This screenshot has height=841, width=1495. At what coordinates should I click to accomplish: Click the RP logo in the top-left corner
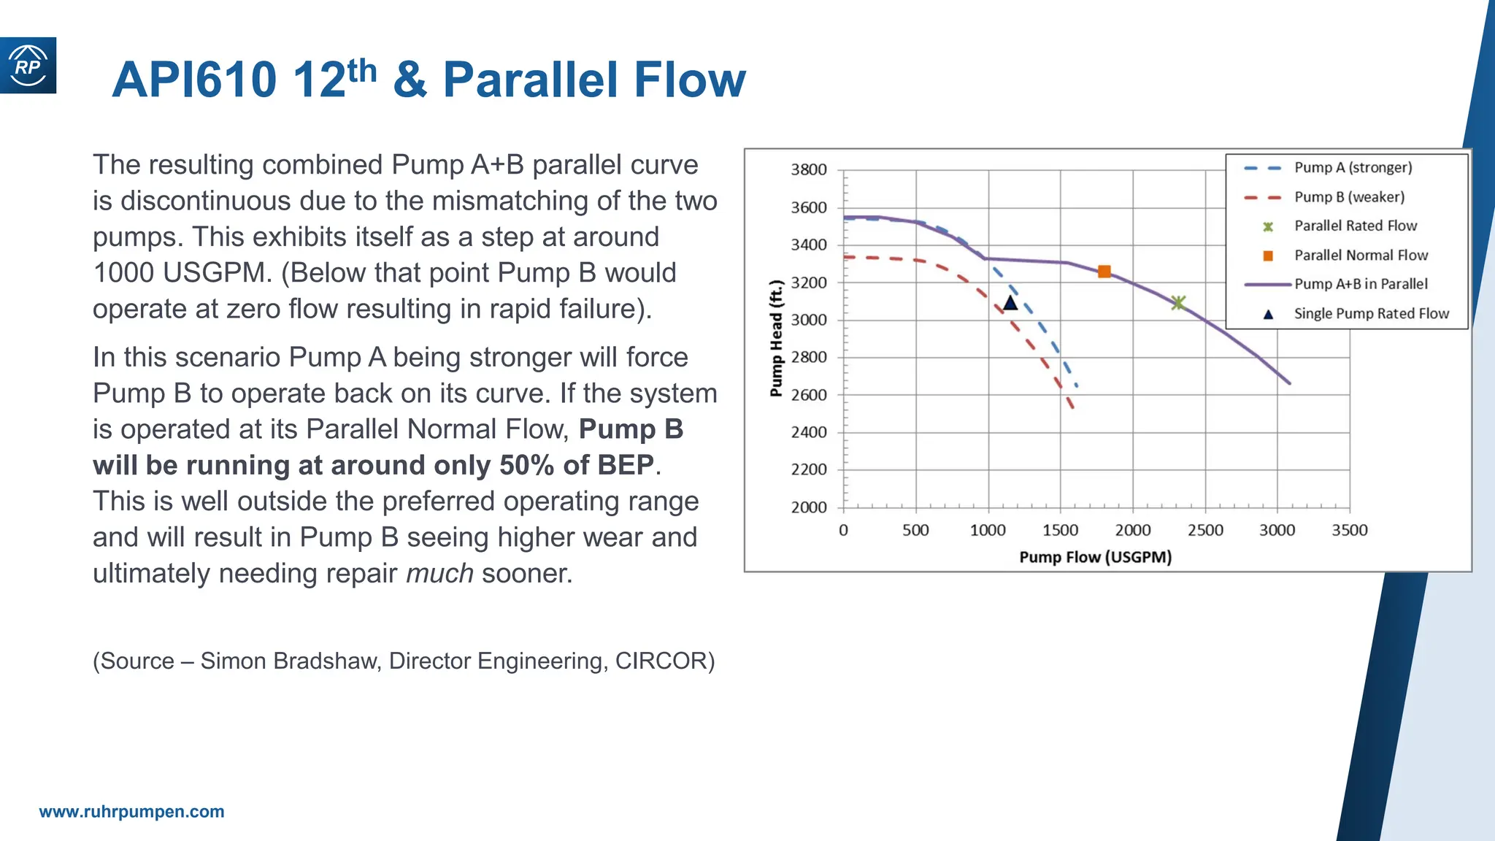pos(28,66)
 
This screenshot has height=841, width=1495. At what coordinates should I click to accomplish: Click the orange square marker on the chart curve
pos(1104,272)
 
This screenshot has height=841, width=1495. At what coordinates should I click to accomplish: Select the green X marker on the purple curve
pos(1177,302)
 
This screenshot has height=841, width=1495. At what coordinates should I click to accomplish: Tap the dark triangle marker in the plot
pos(1010,303)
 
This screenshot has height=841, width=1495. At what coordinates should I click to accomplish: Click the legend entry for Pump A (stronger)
pos(1353,167)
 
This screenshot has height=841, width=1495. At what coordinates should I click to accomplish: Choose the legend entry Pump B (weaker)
pos(1349,197)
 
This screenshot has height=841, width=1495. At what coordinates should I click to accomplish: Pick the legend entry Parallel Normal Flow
pos(1361,256)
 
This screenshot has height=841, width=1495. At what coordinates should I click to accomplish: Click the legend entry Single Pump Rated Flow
pos(1371,314)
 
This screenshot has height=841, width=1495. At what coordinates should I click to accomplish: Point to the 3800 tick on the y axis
pos(809,169)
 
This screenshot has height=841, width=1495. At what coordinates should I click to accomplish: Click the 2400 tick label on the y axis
pos(809,432)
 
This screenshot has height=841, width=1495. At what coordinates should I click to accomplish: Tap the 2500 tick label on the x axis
pos(1205,530)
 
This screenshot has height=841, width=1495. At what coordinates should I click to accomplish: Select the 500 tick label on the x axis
pos(915,530)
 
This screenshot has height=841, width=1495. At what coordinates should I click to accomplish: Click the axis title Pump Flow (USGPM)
pos(1095,557)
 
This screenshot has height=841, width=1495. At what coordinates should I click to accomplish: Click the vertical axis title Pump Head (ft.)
pos(776,338)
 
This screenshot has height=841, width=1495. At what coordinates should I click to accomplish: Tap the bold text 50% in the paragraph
pos(526,465)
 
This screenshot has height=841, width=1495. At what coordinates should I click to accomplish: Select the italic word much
pos(439,573)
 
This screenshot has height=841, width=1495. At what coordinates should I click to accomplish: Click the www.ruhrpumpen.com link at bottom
pos(131,812)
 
